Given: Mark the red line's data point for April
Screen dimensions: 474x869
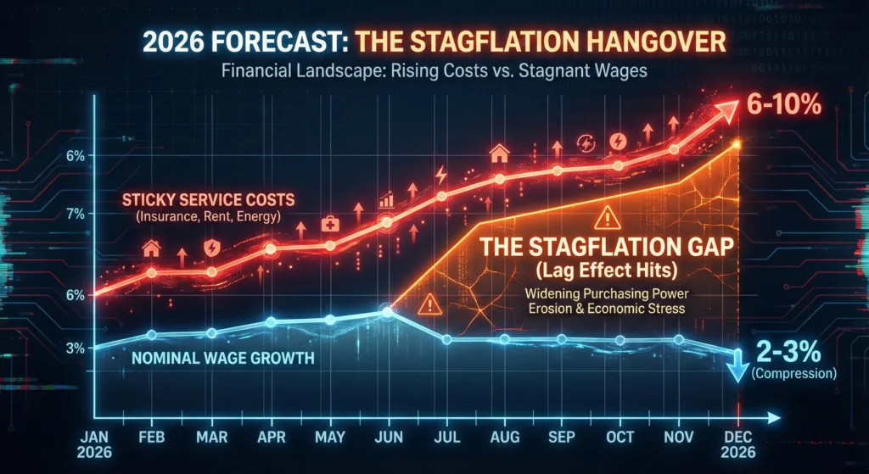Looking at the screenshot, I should [271, 249].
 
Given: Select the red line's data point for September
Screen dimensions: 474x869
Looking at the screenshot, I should [558, 171].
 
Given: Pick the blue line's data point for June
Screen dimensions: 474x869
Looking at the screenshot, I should [388, 312].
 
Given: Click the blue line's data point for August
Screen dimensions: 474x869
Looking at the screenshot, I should [504, 339].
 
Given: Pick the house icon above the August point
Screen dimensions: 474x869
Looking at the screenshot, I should [500, 153].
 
